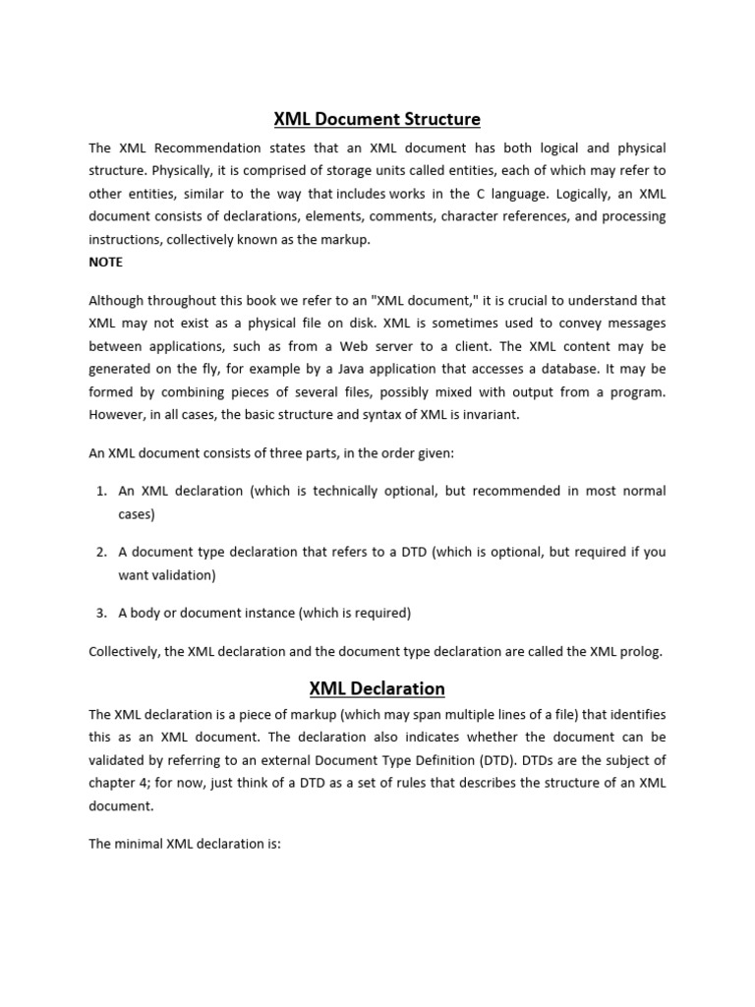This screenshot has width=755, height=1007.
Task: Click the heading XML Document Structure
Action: [377, 119]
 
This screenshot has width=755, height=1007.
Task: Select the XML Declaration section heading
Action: [377, 688]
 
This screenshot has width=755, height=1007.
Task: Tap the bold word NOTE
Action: [106, 263]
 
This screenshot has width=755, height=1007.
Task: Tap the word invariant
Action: [489, 414]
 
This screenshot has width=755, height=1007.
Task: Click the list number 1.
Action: [101, 491]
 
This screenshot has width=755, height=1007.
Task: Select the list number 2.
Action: [101, 552]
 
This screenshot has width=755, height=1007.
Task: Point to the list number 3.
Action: [101, 613]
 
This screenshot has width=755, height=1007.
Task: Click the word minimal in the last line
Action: [139, 844]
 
